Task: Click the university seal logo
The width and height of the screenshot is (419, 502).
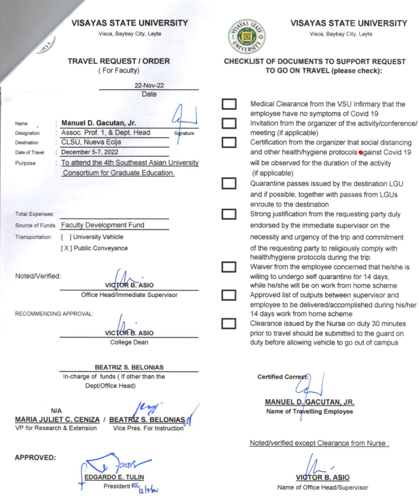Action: [x=245, y=35]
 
